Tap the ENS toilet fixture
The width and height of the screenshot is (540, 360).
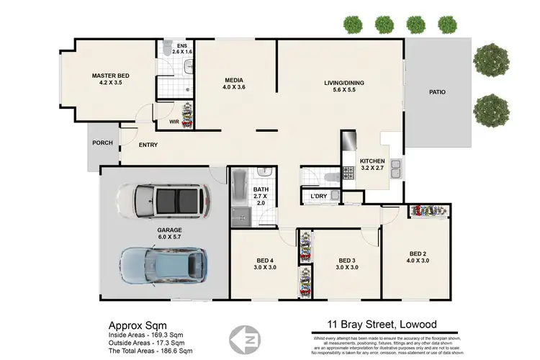point(167,50)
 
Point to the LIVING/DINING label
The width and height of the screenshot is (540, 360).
point(343,84)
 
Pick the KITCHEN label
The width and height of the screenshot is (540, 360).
point(372,161)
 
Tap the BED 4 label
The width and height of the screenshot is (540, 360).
point(265,260)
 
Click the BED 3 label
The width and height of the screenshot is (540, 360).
point(348,260)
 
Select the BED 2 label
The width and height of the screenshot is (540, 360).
point(418,253)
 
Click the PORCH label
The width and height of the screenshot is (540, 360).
point(102,143)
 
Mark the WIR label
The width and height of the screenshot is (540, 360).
point(174,122)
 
